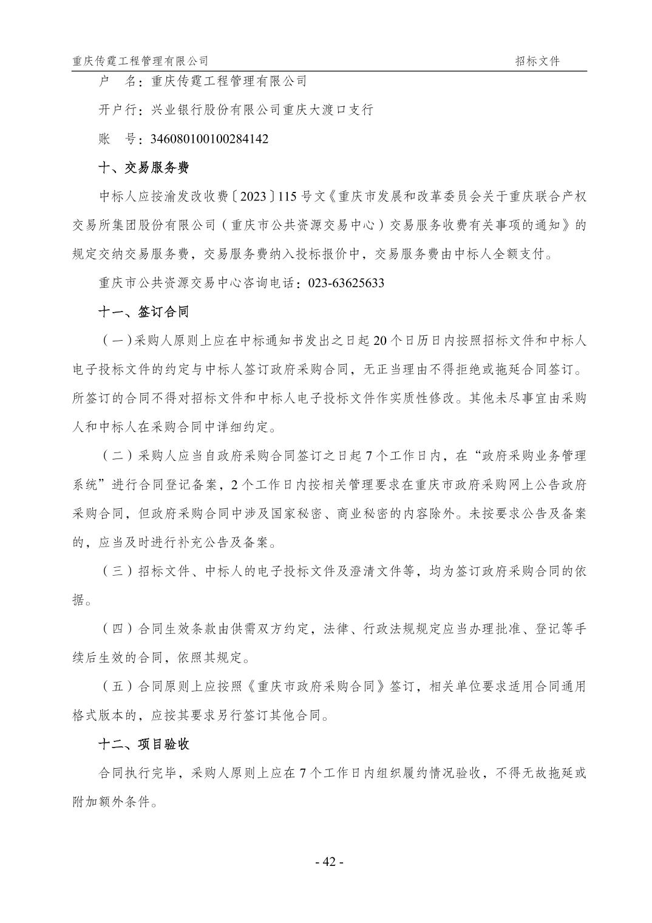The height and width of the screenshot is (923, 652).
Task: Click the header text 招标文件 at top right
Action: (x=537, y=61)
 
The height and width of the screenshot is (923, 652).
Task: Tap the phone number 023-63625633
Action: (x=346, y=283)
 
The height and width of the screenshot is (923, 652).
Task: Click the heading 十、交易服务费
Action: (x=143, y=168)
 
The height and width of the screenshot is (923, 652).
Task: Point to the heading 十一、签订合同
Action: (x=143, y=312)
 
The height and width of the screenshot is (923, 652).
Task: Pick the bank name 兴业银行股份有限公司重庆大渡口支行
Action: (x=262, y=110)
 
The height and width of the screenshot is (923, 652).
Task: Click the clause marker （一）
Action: (x=117, y=341)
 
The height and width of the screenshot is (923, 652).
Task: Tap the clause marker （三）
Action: (x=117, y=571)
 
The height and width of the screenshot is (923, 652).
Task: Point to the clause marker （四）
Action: (x=117, y=629)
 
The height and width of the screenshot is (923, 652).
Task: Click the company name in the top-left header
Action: (x=140, y=61)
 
